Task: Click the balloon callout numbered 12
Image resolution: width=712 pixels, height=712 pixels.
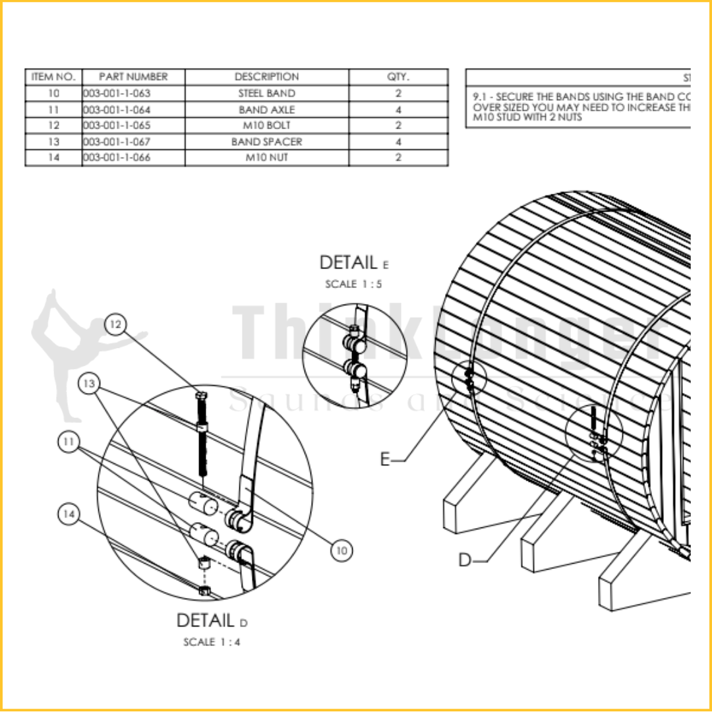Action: point(116,324)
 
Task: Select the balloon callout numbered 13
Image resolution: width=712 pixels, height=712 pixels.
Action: point(89,383)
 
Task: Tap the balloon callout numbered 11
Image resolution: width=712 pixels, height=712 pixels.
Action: point(69,443)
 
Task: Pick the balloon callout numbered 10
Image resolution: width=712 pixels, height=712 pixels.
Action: point(341,550)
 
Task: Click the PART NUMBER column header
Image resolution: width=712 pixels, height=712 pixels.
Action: point(133,76)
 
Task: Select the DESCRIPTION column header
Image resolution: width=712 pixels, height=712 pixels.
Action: point(266,76)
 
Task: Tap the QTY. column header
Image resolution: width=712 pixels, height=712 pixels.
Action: point(398,76)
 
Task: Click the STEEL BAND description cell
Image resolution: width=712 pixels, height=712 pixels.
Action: point(266,93)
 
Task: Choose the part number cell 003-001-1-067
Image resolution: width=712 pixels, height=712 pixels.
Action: point(117,142)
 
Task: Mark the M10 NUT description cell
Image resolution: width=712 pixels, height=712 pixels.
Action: point(266,158)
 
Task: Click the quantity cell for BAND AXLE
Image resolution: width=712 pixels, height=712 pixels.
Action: point(398,109)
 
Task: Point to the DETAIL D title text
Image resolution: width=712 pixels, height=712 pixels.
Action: point(212,620)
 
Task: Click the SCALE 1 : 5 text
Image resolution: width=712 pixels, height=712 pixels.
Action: point(353,284)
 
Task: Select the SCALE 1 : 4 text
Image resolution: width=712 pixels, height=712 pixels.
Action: point(212,641)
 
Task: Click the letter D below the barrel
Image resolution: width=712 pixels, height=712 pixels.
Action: point(466,560)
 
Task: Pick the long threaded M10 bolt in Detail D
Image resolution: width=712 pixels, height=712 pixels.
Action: point(202,435)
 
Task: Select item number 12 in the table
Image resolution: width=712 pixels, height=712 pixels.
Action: point(54,125)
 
